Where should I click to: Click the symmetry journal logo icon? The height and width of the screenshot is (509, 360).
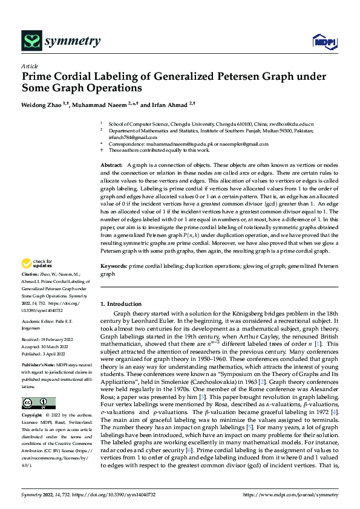point(31,41)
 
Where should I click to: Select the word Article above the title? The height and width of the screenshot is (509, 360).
point(30,66)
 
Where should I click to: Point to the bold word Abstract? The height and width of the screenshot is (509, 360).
point(111,165)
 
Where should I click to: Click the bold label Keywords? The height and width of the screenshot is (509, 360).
point(113,265)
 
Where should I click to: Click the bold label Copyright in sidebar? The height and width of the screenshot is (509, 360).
point(33,416)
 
